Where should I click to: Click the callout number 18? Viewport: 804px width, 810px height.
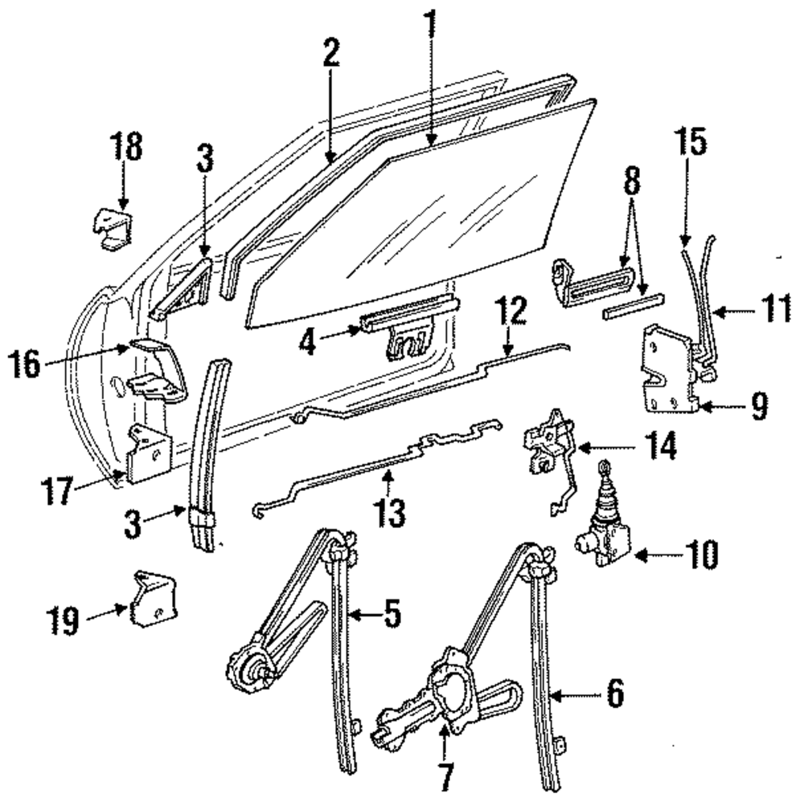[x=125, y=148]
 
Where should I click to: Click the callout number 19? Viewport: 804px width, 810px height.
[x=64, y=619]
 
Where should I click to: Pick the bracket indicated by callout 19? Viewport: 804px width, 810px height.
[x=153, y=599]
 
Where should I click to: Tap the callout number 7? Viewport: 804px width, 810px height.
[x=445, y=776]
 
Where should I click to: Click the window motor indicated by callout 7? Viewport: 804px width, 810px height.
[x=438, y=699]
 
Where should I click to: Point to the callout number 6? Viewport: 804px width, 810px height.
[x=614, y=693]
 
